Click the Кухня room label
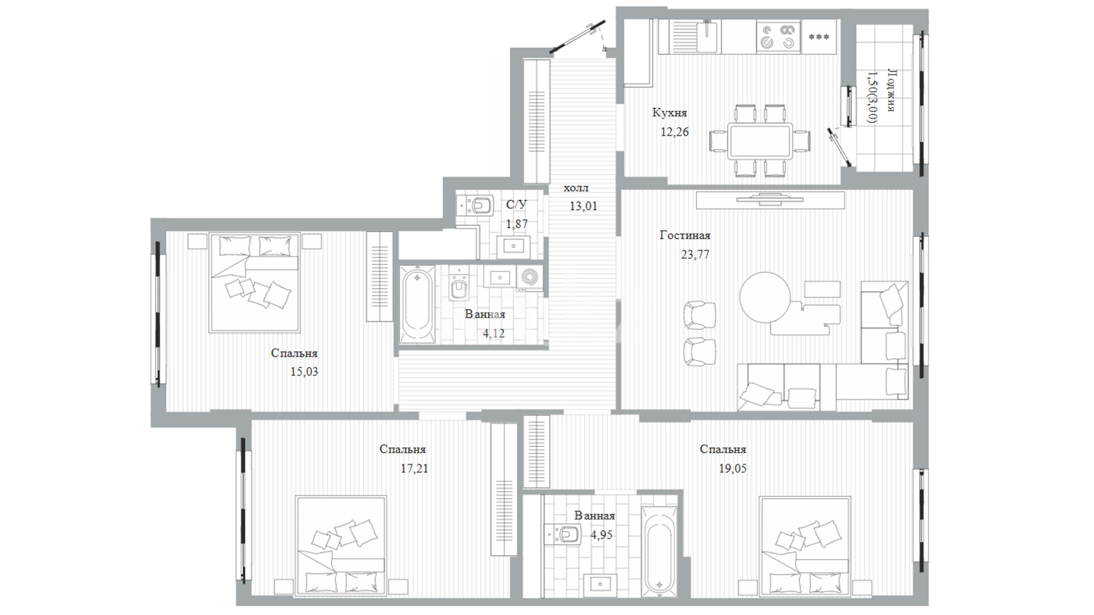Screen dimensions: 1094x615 (670, 113)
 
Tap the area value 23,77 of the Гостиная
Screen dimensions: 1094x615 (695, 255)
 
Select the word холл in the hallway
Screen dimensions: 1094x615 (576, 188)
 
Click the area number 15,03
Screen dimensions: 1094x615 (304, 372)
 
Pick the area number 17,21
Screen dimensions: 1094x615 (414, 469)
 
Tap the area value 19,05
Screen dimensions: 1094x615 (733, 469)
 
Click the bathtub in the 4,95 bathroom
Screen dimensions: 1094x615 (660, 551)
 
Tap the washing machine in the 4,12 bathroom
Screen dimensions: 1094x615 (529, 277)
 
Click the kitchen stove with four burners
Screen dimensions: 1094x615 (778, 36)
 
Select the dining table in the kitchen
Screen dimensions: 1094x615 (760, 141)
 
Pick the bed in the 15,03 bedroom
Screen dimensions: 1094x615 (254, 282)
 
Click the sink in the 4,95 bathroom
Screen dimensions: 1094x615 (599, 584)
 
